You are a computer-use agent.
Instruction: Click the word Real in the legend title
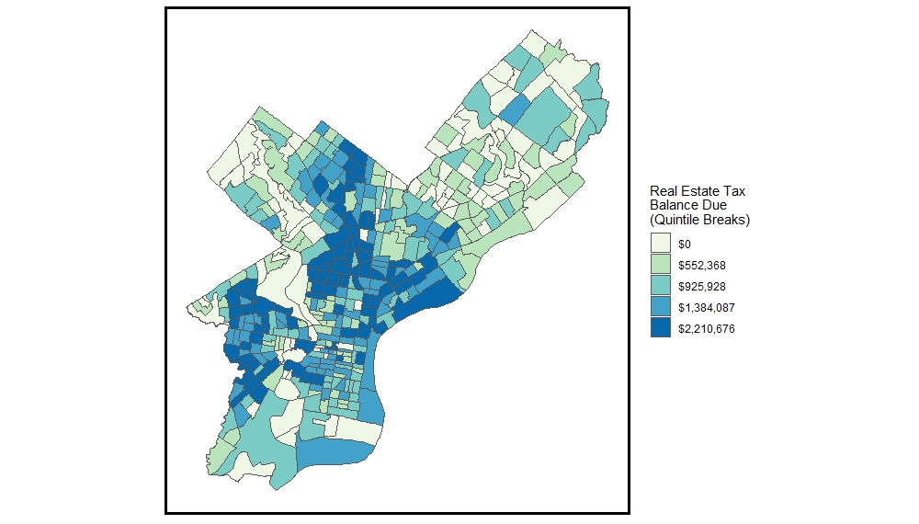coord(664,191)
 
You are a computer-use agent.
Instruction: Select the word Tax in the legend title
coord(737,191)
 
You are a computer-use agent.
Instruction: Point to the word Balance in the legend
coord(675,205)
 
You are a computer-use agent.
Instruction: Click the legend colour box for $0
coord(660,244)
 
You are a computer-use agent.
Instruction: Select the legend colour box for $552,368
coord(660,265)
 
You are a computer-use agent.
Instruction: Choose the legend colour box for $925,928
coord(660,286)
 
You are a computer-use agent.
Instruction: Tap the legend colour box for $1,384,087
coord(660,307)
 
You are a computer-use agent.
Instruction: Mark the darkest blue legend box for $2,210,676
coord(660,328)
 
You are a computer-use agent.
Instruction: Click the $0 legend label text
coord(685,245)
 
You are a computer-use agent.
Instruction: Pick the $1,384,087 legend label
coord(706,308)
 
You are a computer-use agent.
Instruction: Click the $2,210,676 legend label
coord(706,329)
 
